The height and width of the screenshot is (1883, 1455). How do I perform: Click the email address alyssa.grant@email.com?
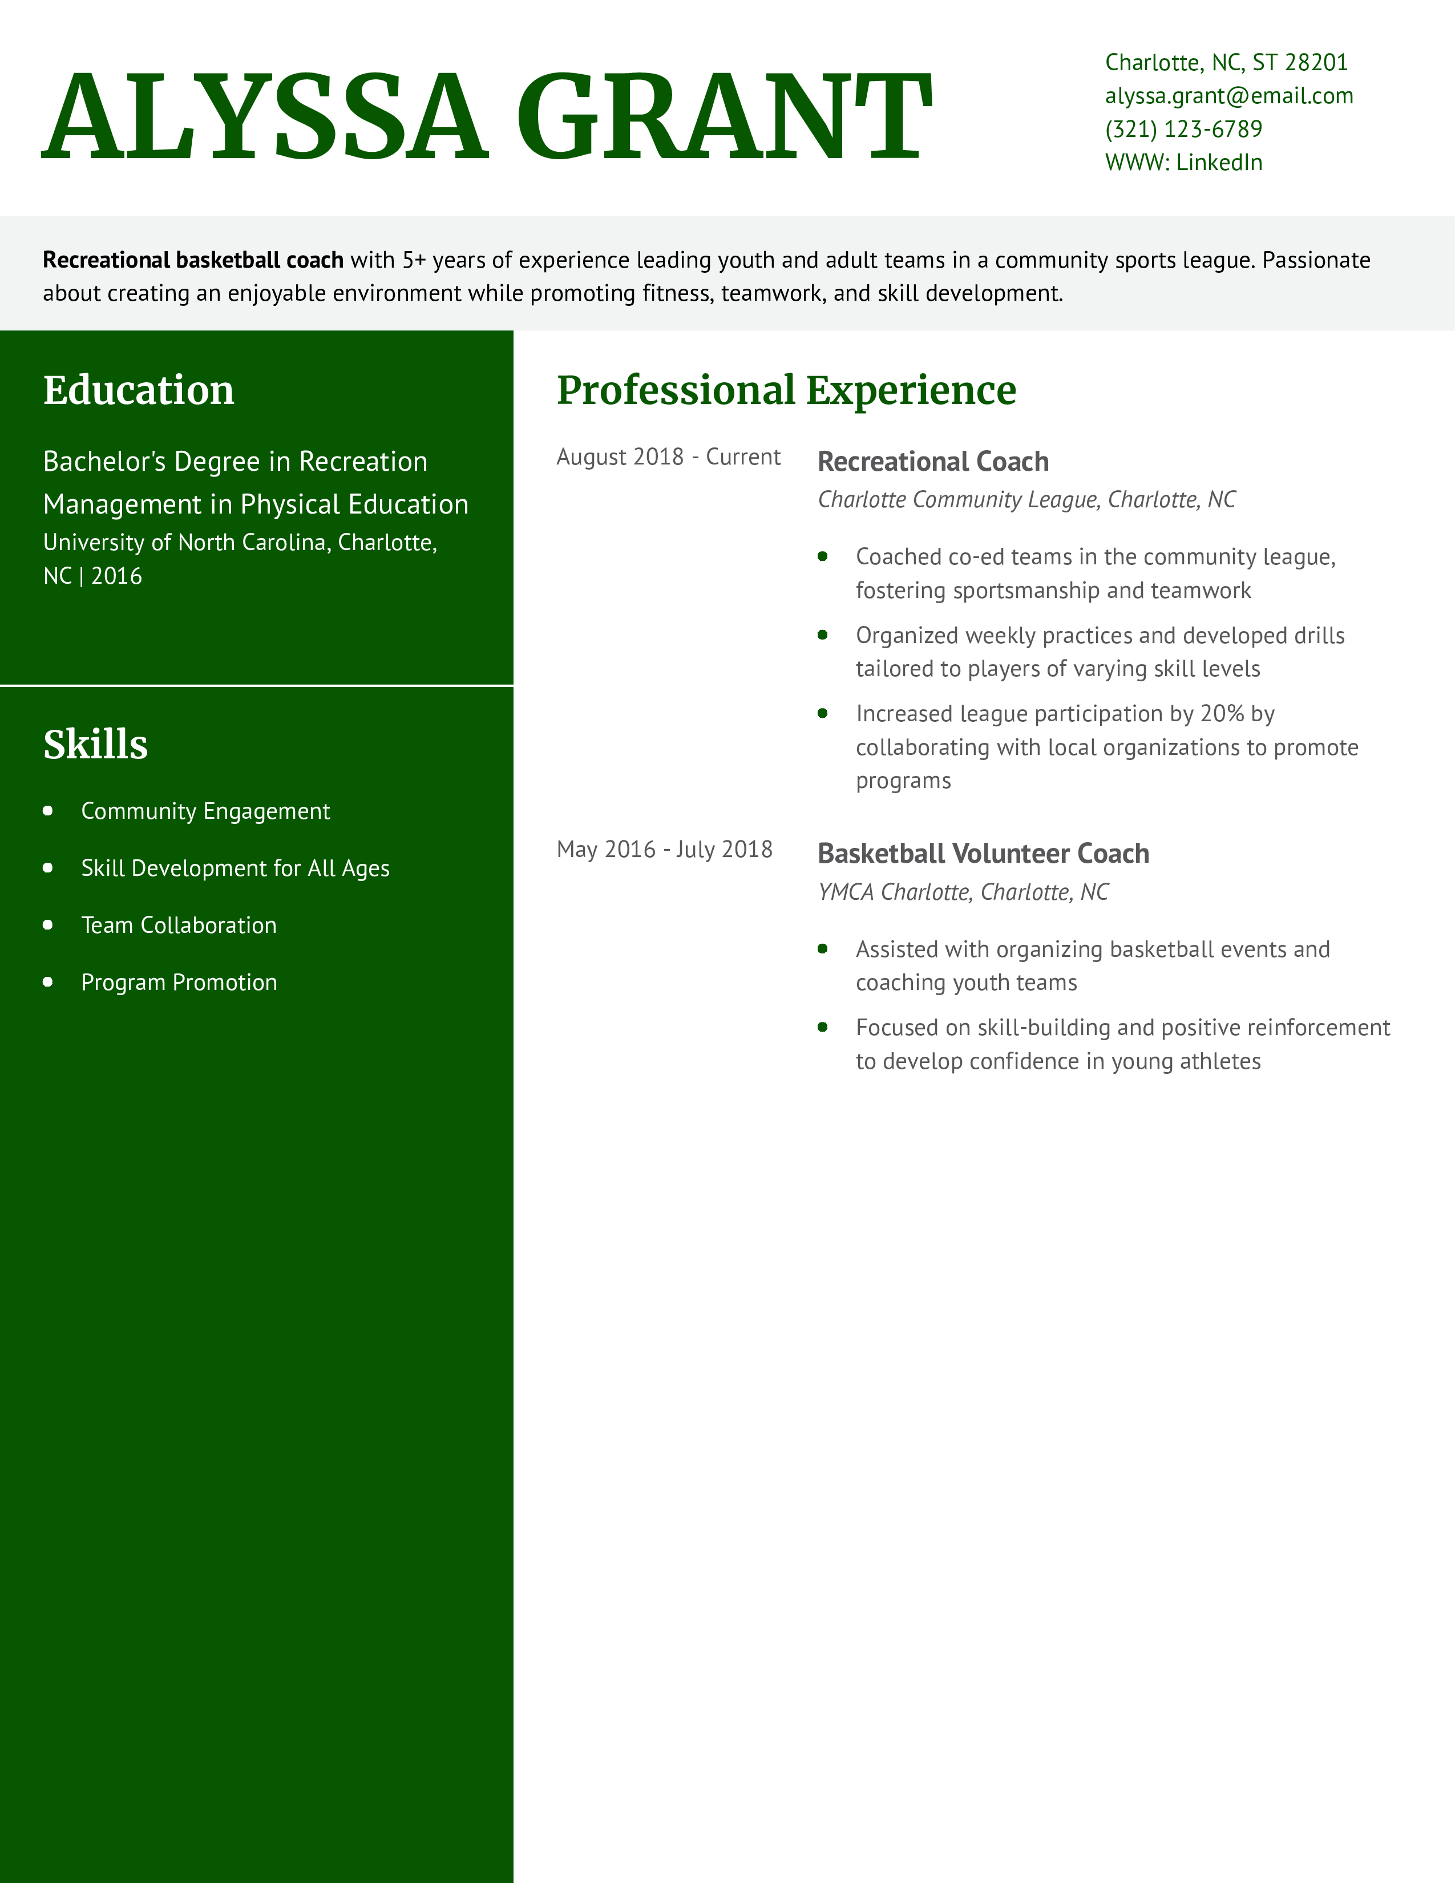click(x=1228, y=96)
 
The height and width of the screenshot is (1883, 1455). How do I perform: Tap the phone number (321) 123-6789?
click(x=1183, y=130)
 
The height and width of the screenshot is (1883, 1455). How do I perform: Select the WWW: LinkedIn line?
click(x=1183, y=162)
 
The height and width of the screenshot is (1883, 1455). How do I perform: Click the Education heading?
click(x=139, y=390)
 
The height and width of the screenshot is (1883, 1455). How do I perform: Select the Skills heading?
click(x=96, y=744)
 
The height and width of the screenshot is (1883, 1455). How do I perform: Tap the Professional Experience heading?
click(x=786, y=390)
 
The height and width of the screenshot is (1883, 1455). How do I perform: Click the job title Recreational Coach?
click(x=933, y=461)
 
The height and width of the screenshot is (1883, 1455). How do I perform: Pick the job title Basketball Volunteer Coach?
click(x=983, y=854)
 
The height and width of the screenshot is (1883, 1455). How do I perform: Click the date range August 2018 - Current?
click(x=668, y=457)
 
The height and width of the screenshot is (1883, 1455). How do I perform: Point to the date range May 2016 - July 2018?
click(x=664, y=849)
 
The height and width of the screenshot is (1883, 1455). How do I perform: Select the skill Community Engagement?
click(x=205, y=811)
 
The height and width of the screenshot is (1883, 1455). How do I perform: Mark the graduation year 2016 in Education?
click(x=116, y=576)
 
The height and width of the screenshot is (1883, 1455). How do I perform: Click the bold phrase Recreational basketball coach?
click(x=193, y=260)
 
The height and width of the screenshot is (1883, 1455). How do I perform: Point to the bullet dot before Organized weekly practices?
click(x=822, y=636)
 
